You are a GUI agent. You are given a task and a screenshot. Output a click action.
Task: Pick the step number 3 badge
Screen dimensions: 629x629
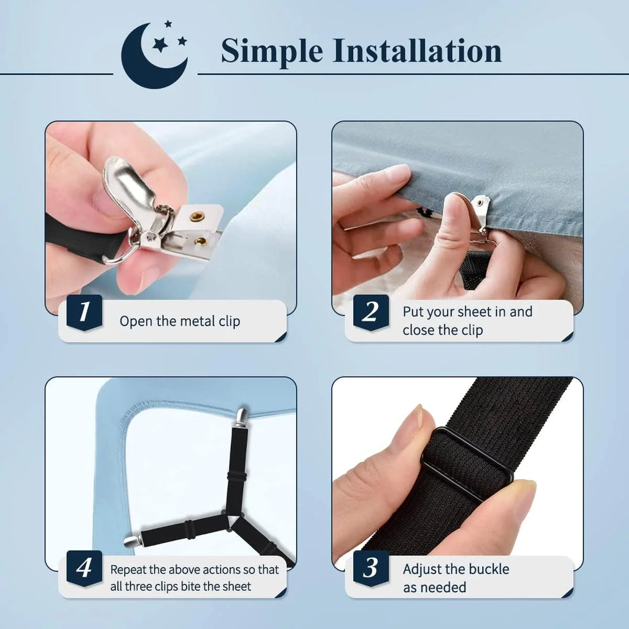[x=370, y=568]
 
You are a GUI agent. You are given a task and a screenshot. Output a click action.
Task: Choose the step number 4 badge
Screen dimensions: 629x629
[x=84, y=568]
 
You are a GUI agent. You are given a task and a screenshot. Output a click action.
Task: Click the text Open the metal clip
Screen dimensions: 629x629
[x=179, y=321]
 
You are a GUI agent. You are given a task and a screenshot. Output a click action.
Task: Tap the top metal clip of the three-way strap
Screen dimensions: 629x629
[x=241, y=417]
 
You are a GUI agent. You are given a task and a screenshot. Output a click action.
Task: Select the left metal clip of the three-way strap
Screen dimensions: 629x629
[x=132, y=541]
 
